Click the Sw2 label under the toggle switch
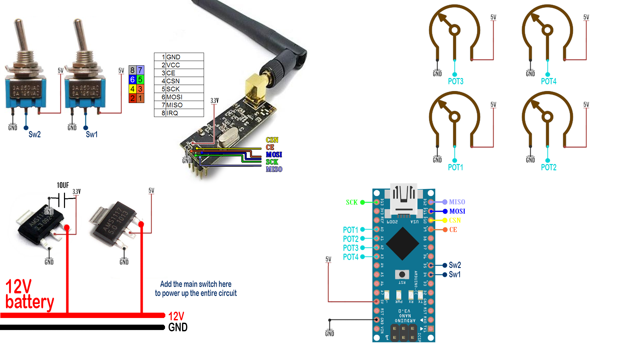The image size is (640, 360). coord(34,134)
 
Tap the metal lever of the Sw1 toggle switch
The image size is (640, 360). coord(80,35)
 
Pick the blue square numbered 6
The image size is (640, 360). coord(132,80)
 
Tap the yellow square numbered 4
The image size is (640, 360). coord(132,89)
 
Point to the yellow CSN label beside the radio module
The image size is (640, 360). coord(272,140)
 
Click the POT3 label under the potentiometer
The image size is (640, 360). coord(455,81)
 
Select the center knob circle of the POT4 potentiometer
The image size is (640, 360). coord(547,30)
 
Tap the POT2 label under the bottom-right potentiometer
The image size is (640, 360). coord(548,167)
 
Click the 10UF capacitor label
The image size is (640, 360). coord(63,185)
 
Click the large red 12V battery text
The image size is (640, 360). coord(29,295)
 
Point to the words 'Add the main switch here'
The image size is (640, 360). coord(196,284)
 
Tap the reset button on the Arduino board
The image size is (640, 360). coord(402,274)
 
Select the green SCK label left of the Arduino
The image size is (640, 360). coord(351,202)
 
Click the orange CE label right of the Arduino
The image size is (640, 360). coord(453,230)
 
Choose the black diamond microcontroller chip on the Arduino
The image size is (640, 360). coord(403,244)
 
